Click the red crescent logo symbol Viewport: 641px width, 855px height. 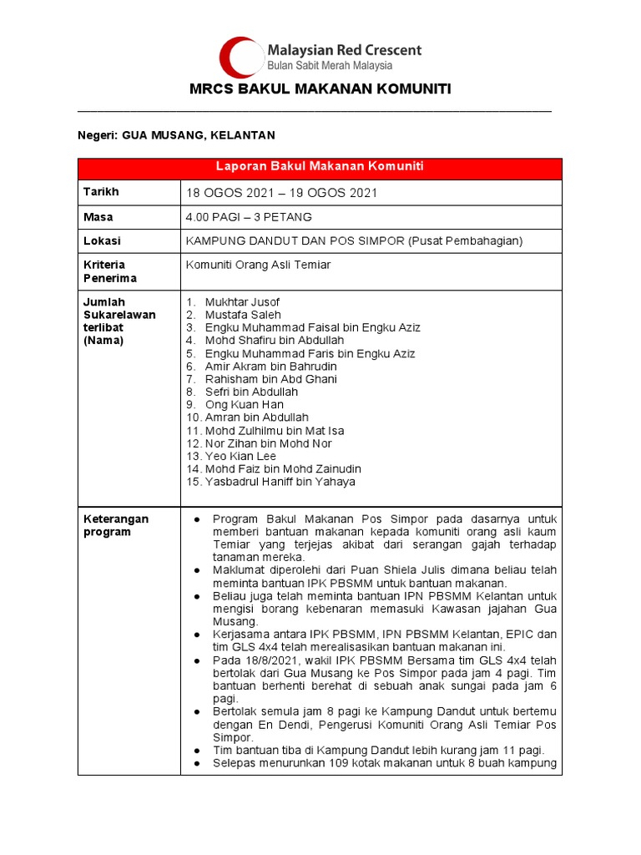point(240,57)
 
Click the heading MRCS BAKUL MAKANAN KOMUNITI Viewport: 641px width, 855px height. point(320,89)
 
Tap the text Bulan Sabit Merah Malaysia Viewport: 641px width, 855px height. point(329,65)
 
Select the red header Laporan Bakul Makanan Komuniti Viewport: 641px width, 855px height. point(320,167)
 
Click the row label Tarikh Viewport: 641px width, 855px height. point(101,192)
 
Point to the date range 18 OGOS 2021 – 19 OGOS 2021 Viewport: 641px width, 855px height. point(282,193)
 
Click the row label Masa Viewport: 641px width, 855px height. point(98,217)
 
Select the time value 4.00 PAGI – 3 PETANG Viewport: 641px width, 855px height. point(249,217)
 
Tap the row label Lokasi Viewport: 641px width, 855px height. point(102,240)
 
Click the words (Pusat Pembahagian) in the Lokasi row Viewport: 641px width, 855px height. point(465,241)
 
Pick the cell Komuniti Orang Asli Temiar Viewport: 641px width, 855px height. point(258,265)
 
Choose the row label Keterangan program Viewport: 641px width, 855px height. point(115,525)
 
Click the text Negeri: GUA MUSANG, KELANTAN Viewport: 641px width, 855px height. point(176,135)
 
